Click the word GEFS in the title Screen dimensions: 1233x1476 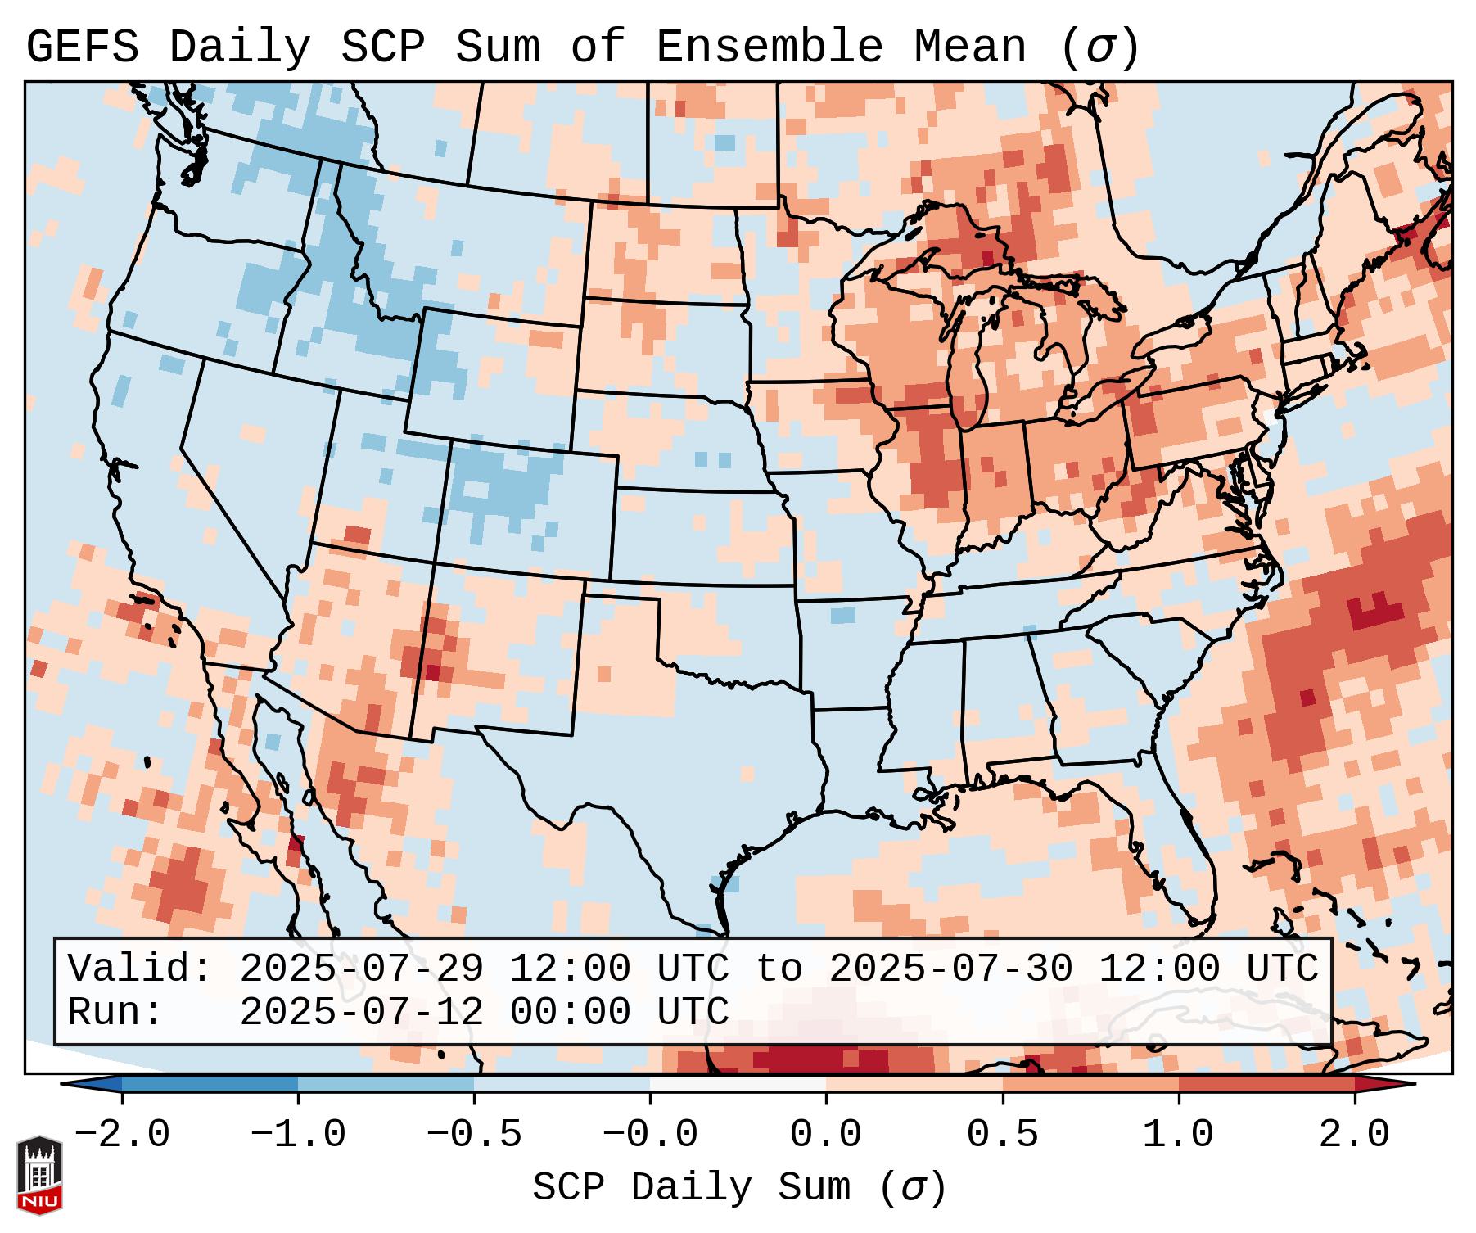82,47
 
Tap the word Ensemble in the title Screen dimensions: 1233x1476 769,47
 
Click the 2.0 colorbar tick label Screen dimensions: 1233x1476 1354,1135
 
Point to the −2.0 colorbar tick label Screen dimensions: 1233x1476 122,1135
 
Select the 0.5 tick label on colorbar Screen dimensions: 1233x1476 1002,1135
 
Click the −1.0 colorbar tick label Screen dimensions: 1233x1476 298,1135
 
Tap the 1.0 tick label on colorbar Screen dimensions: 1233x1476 1178,1135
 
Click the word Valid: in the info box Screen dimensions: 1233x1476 140,969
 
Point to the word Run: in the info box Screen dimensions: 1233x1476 115,1012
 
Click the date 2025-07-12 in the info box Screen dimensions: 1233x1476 361,1012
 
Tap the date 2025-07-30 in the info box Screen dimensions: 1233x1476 950,969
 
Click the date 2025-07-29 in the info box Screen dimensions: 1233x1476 361,969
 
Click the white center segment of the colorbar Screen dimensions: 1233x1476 738,1084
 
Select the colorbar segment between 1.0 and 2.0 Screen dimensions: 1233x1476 1266,1084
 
